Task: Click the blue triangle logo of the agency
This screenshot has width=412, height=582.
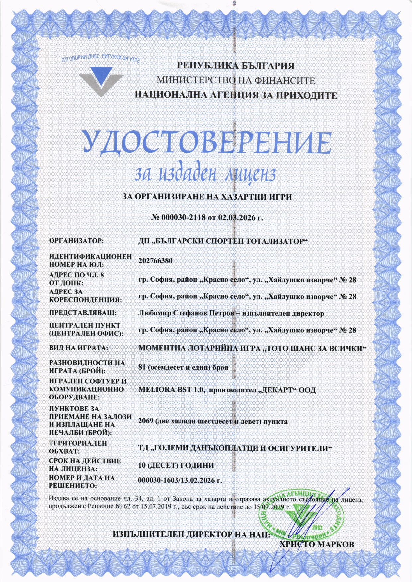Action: (101, 80)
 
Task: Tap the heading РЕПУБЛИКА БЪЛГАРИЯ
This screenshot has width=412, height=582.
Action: (236, 66)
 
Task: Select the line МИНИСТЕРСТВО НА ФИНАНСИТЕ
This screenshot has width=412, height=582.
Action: (236, 80)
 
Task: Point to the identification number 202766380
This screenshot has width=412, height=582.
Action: (155, 261)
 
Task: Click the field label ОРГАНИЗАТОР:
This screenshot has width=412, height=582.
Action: (76, 240)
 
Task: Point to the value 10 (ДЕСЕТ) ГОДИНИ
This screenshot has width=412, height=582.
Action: (176, 465)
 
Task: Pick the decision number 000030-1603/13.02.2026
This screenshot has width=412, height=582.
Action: (180, 481)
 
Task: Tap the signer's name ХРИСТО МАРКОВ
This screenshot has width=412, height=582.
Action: (317, 544)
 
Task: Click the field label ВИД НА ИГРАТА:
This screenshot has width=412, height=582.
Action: (79, 348)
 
